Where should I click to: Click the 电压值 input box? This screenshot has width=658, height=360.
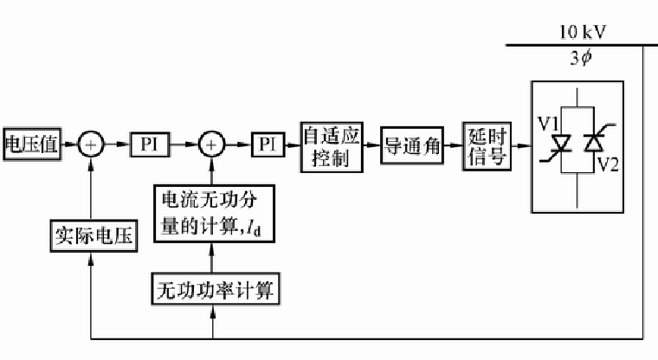pyautogui.click(x=31, y=145)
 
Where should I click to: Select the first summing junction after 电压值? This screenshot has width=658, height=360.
pyautogui.click(x=91, y=145)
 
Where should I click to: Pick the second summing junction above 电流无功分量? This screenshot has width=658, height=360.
pyautogui.click(x=211, y=145)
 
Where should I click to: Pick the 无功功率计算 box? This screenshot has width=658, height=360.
pyautogui.click(x=212, y=287)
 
